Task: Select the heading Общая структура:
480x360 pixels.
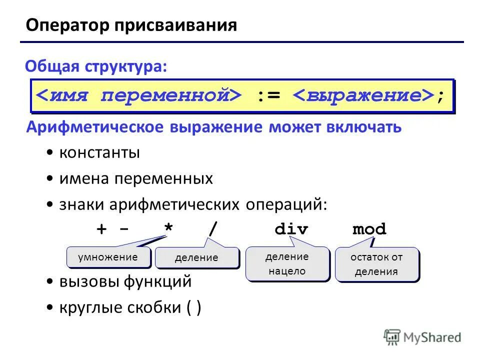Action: (x=96, y=66)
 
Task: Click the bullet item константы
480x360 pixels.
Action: (x=99, y=153)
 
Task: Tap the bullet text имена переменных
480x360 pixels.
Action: (x=136, y=178)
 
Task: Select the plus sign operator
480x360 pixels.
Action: (x=102, y=229)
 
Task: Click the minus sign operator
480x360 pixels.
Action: (x=124, y=229)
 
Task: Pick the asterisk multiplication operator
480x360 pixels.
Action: (x=169, y=229)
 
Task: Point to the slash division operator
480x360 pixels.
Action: (x=213, y=229)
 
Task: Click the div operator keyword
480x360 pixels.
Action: (x=291, y=229)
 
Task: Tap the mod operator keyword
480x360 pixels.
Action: (x=369, y=229)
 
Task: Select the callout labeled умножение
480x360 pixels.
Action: (x=108, y=257)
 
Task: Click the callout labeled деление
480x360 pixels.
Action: (x=196, y=258)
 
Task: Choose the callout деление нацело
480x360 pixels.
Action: (x=287, y=264)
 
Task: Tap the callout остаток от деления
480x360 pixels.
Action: (x=376, y=264)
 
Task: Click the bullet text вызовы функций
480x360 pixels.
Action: (x=125, y=281)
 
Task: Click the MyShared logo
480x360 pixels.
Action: (x=422, y=337)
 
